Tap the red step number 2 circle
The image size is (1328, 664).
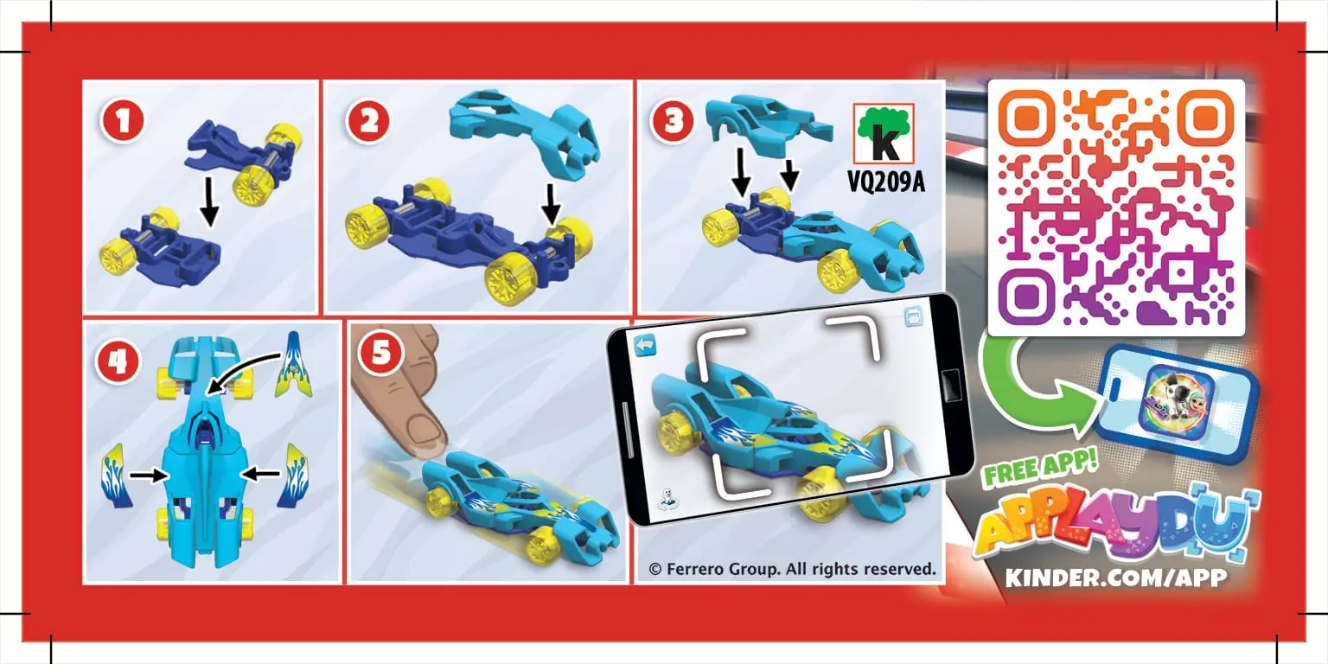[368, 122]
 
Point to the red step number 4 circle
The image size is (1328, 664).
[118, 361]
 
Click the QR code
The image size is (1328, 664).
[1115, 207]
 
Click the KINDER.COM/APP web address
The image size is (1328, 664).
[1115, 578]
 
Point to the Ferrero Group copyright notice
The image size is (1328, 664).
[792, 569]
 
